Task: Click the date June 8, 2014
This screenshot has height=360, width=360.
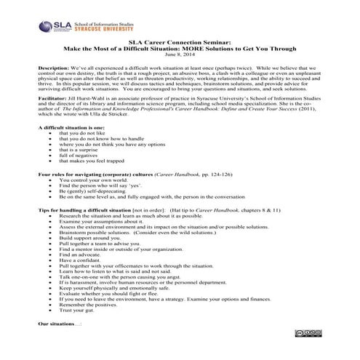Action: coord(180,55)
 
